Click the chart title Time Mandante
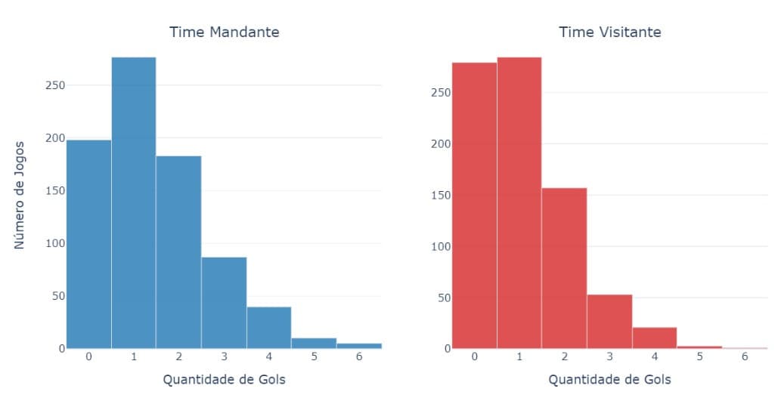pyautogui.click(x=224, y=32)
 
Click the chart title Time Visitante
pyautogui.click(x=609, y=32)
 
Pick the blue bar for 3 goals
pyautogui.click(x=224, y=302)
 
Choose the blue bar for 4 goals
pyautogui.click(x=268, y=327)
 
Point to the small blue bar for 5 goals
pyautogui.click(x=314, y=343)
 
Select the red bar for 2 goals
pyautogui.click(x=564, y=268)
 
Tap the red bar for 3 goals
pyautogui.click(x=609, y=321)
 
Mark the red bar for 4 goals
pyautogui.click(x=654, y=338)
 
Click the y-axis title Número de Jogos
pyautogui.click(x=20, y=195)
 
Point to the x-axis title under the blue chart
pyautogui.click(x=224, y=379)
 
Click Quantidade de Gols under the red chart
pyautogui.click(x=609, y=379)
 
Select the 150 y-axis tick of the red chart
pyautogui.click(x=441, y=196)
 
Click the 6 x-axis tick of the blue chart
pyautogui.click(x=358, y=356)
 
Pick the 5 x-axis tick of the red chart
pyautogui.click(x=699, y=356)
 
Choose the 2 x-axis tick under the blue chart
pyautogui.click(x=178, y=356)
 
